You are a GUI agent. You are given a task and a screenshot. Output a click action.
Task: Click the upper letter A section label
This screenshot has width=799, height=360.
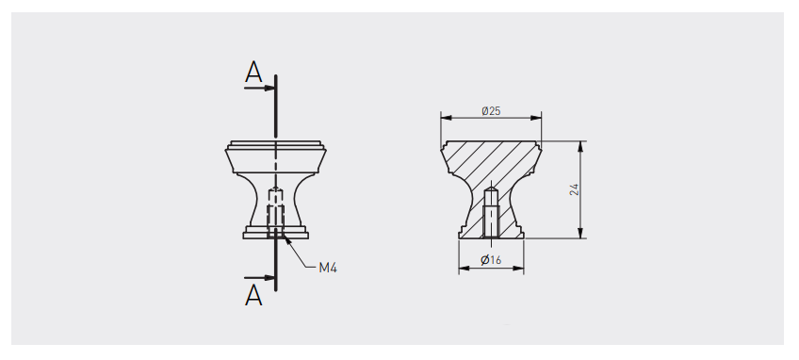[x=253, y=72]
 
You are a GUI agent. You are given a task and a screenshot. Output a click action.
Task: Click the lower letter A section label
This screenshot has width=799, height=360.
[x=253, y=295]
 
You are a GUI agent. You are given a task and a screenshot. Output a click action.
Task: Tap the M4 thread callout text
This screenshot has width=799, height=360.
[x=328, y=268]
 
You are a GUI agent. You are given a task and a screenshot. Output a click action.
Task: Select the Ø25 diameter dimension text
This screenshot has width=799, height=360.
[x=491, y=110]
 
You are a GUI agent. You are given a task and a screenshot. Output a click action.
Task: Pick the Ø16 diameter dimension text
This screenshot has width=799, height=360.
[x=491, y=260]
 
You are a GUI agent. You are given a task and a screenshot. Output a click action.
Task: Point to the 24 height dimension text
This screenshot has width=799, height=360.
[x=575, y=189]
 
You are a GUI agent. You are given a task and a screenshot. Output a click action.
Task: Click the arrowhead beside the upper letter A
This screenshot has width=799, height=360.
[x=270, y=89]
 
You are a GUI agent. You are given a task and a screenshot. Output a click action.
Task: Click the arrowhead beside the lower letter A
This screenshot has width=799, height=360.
[x=270, y=278]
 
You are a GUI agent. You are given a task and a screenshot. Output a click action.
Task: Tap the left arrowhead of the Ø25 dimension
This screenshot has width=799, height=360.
[x=447, y=118]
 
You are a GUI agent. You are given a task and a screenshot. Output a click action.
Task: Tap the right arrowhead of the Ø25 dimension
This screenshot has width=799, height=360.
[x=535, y=118]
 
